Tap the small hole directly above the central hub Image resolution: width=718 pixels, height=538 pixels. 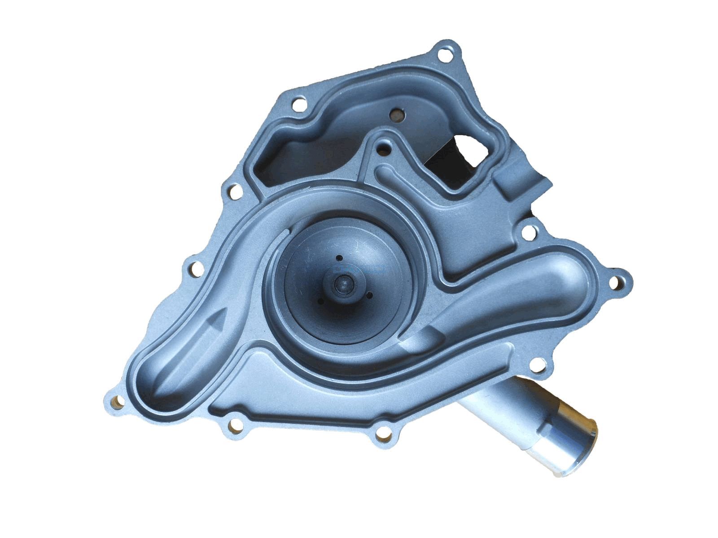[340, 257]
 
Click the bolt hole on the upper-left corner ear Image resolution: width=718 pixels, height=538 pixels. [297, 105]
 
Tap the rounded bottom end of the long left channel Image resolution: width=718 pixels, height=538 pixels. [157, 386]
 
